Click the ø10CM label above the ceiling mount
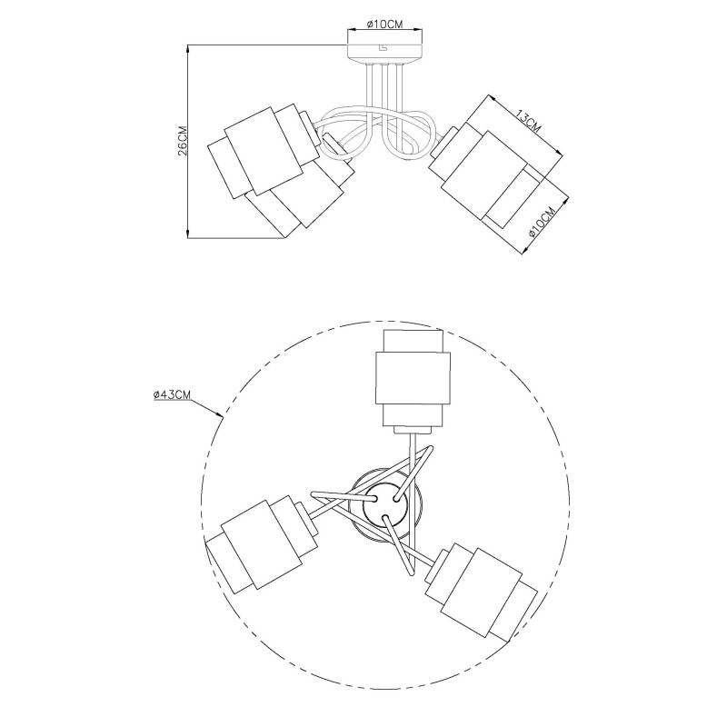[x=384, y=25]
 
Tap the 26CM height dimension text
[x=183, y=141]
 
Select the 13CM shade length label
[x=529, y=121]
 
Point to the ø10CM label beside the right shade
[x=543, y=222]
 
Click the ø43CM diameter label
[x=172, y=394]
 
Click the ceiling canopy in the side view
[x=384, y=55]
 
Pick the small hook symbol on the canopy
[x=383, y=48]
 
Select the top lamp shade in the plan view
[x=413, y=378]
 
